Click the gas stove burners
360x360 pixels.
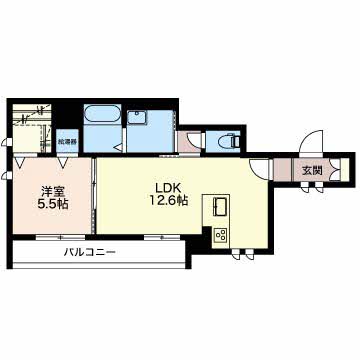[x=219, y=236]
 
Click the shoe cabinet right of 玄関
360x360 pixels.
[x=338, y=170]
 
